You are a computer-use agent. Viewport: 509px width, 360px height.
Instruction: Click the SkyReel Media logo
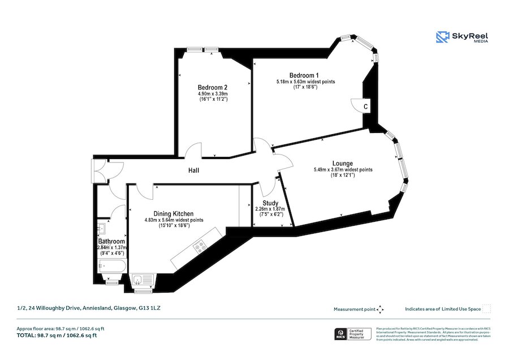click(x=462, y=38)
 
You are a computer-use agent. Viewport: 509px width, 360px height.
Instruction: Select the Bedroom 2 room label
click(x=213, y=87)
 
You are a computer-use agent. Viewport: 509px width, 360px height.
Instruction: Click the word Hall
click(x=195, y=170)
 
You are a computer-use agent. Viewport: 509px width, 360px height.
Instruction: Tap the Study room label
click(x=270, y=203)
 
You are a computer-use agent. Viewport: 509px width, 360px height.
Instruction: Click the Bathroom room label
click(x=111, y=241)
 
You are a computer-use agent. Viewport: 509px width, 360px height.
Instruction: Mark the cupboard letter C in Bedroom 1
click(x=366, y=106)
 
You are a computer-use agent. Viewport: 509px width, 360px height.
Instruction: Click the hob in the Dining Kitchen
click(x=200, y=246)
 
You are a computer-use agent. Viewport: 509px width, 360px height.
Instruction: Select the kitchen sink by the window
click(x=141, y=279)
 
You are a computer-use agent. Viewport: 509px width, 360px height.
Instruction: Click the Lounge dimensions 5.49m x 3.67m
click(x=343, y=169)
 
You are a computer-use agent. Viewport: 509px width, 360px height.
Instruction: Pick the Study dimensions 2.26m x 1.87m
click(x=270, y=209)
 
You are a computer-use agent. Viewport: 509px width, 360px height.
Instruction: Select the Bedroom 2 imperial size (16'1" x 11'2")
click(x=213, y=100)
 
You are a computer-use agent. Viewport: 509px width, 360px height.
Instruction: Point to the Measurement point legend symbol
click(x=380, y=309)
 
